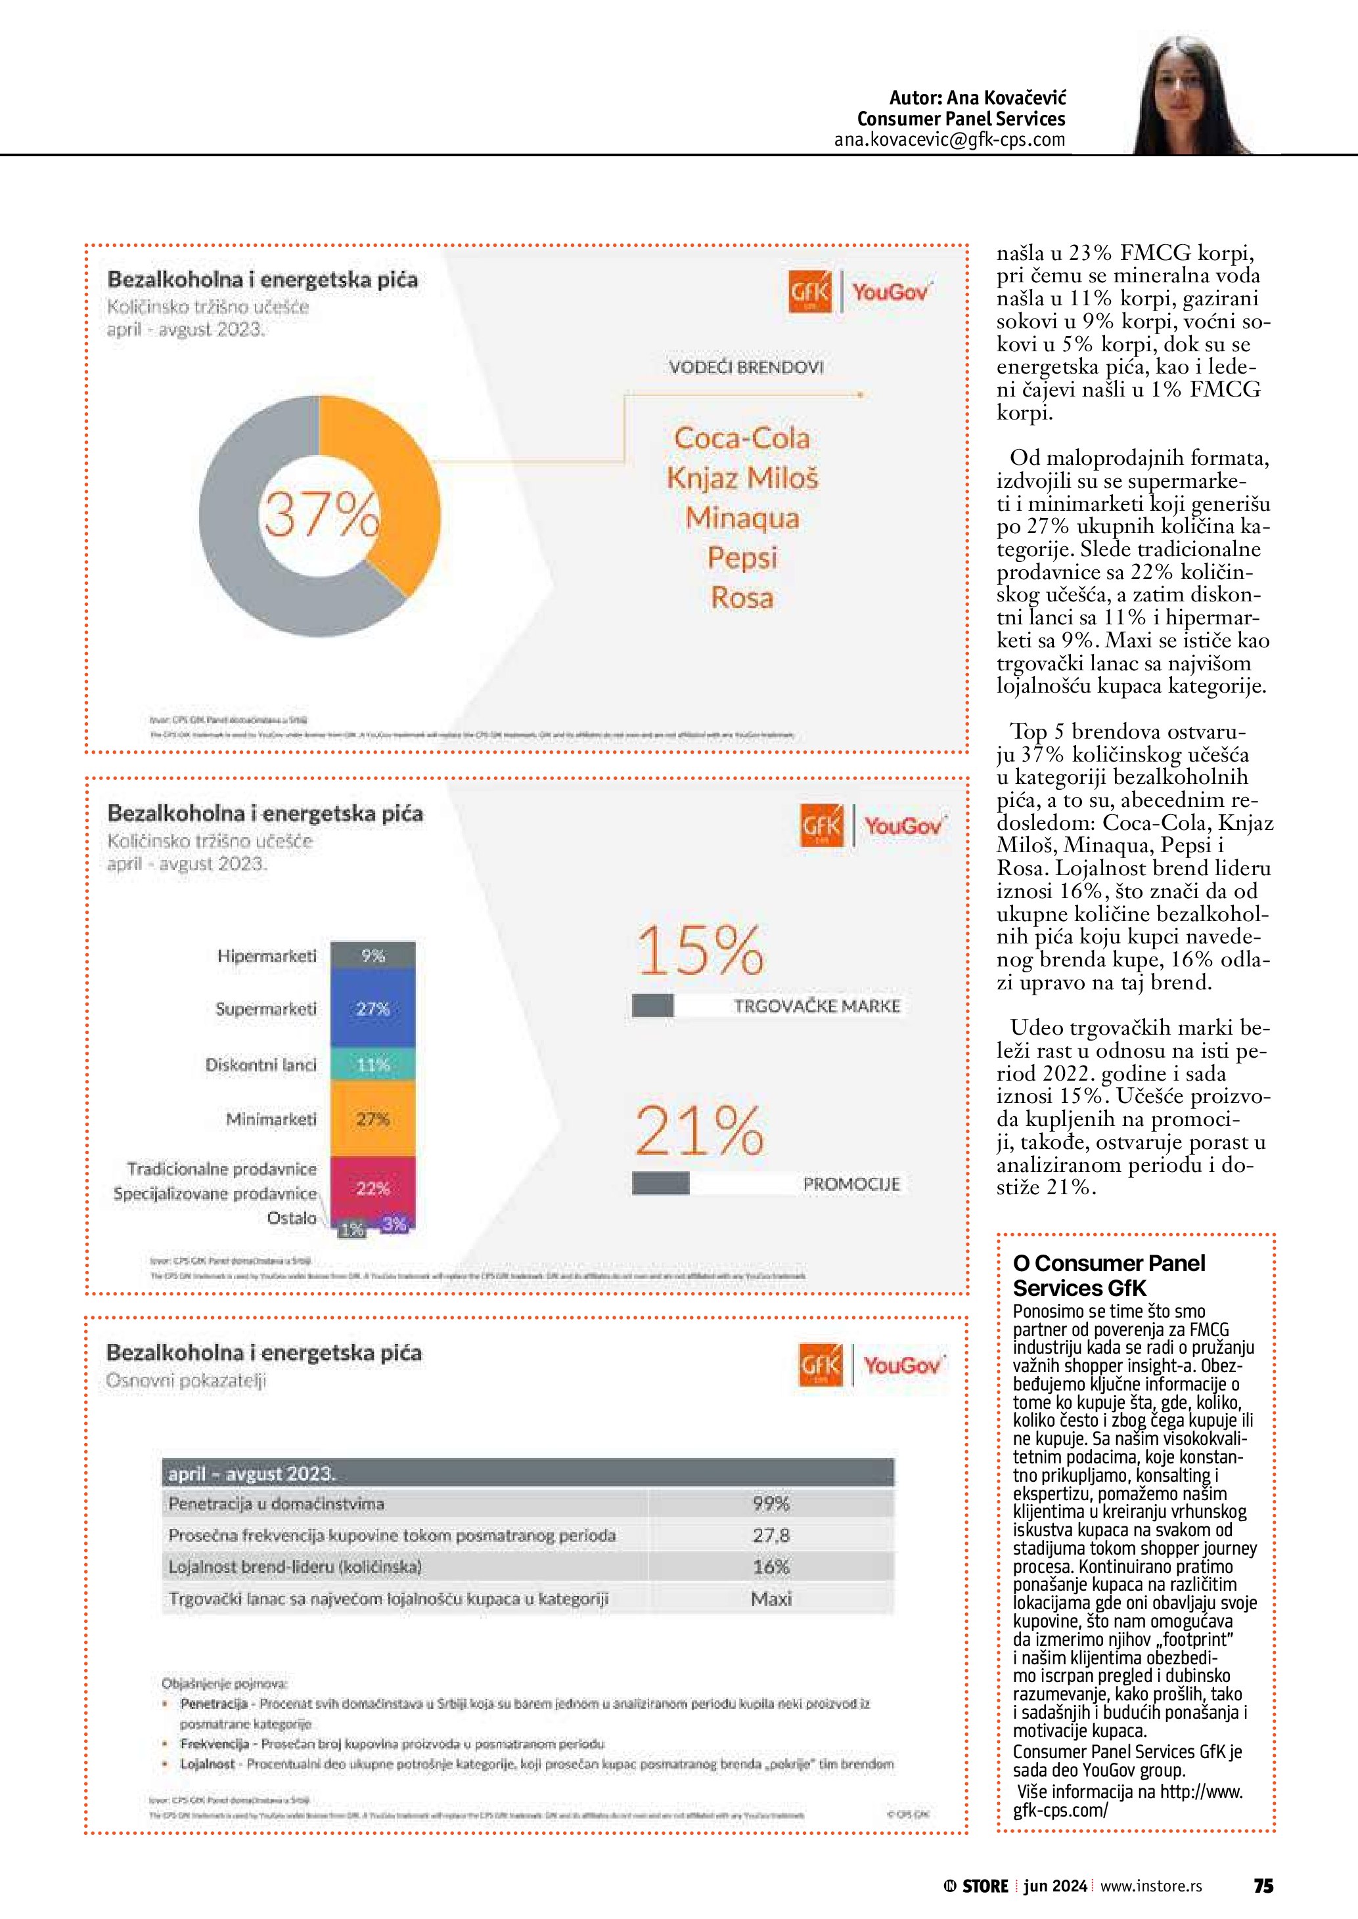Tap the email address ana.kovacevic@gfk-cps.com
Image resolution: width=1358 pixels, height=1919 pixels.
click(x=949, y=140)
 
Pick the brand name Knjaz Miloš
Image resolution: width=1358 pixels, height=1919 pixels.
click(x=742, y=478)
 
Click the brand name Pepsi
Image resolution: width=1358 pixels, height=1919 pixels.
click(x=742, y=557)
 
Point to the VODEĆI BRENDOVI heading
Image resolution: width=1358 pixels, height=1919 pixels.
click(x=746, y=367)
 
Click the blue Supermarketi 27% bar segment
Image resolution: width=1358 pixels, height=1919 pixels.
click(x=373, y=1009)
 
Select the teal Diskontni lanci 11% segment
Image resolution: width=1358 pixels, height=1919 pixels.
click(x=373, y=1065)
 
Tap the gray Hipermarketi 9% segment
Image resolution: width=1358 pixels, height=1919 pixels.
click(x=373, y=955)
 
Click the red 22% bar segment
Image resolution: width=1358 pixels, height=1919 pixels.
click(x=373, y=1188)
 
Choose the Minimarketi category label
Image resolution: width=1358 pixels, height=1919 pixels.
click(x=271, y=1119)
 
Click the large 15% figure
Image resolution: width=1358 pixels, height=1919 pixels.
click(x=699, y=951)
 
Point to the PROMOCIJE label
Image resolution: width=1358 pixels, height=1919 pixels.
click(x=851, y=1184)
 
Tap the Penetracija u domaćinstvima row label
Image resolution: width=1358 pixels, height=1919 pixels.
click(x=276, y=1503)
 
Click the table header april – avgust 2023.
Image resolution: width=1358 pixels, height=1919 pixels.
click(x=251, y=1473)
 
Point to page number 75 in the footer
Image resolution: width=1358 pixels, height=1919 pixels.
click(x=1263, y=1886)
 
